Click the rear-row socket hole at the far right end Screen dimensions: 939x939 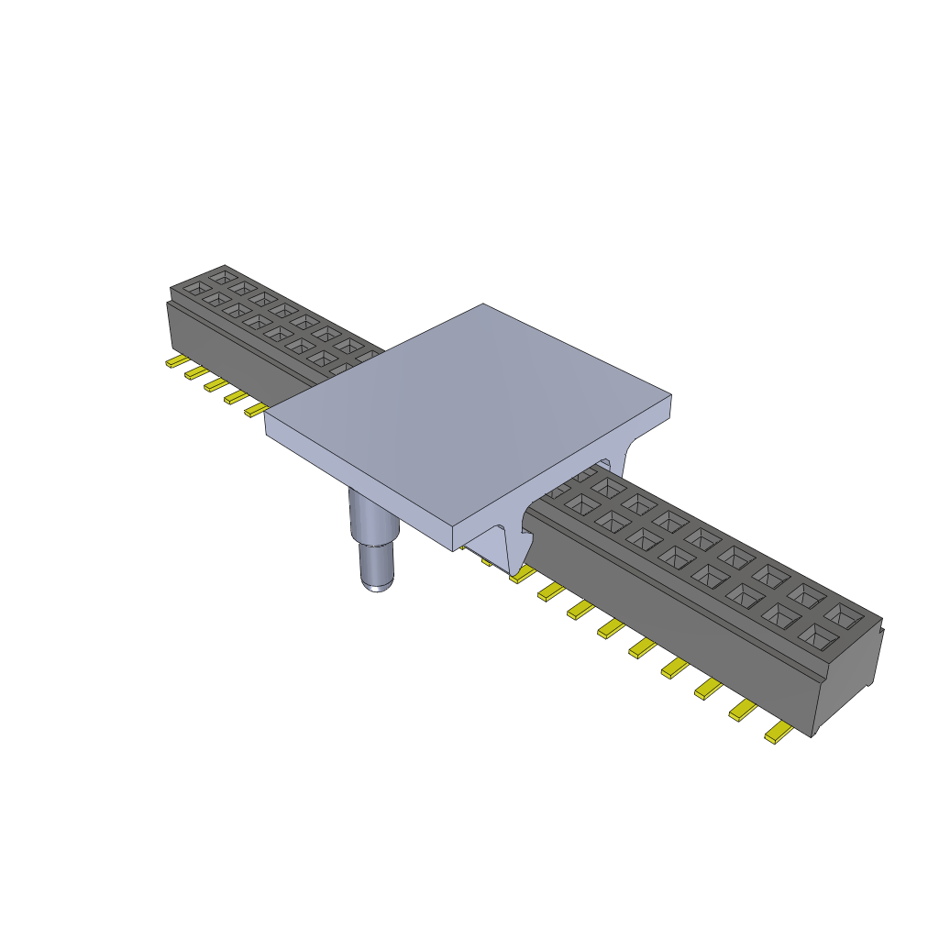pyautogui.click(x=844, y=612)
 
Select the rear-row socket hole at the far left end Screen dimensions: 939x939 pyautogui.click(x=222, y=274)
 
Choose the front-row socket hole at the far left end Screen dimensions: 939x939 pyautogui.click(x=195, y=288)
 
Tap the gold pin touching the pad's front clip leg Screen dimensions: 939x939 pyautogui.click(x=520, y=574)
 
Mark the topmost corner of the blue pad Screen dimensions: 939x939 pyautogui.click(x=483, y=304)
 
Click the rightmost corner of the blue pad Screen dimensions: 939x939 pyautogui.click(x=670, y=397)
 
